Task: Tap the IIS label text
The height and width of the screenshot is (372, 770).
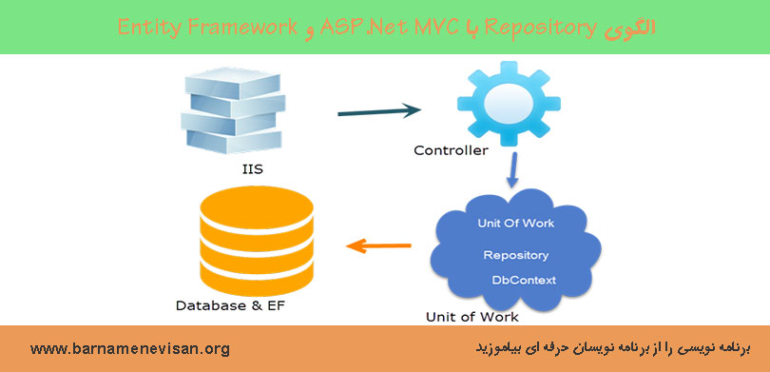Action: point(254,171)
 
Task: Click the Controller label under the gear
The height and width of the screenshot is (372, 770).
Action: point(452,150)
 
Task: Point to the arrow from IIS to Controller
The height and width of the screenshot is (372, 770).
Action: point(380,113)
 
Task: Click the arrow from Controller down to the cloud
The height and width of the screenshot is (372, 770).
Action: point(513,169)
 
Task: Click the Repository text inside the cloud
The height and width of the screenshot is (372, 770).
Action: point(515,255)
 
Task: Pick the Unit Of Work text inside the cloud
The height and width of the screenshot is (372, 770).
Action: point(516,224)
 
